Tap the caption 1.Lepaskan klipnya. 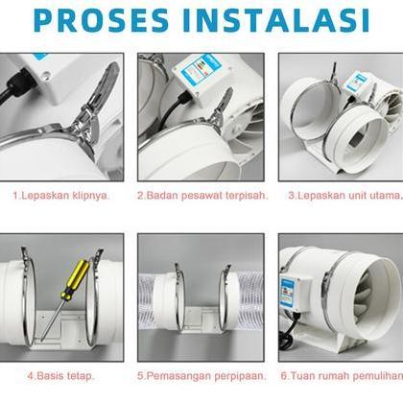pos(61,194)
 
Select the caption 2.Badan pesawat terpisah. pos(200,194)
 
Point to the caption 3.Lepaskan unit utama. pos(344,194)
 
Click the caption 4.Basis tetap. pos(60,375)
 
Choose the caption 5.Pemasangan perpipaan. pos(200,375)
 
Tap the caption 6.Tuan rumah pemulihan pos(342,375)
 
